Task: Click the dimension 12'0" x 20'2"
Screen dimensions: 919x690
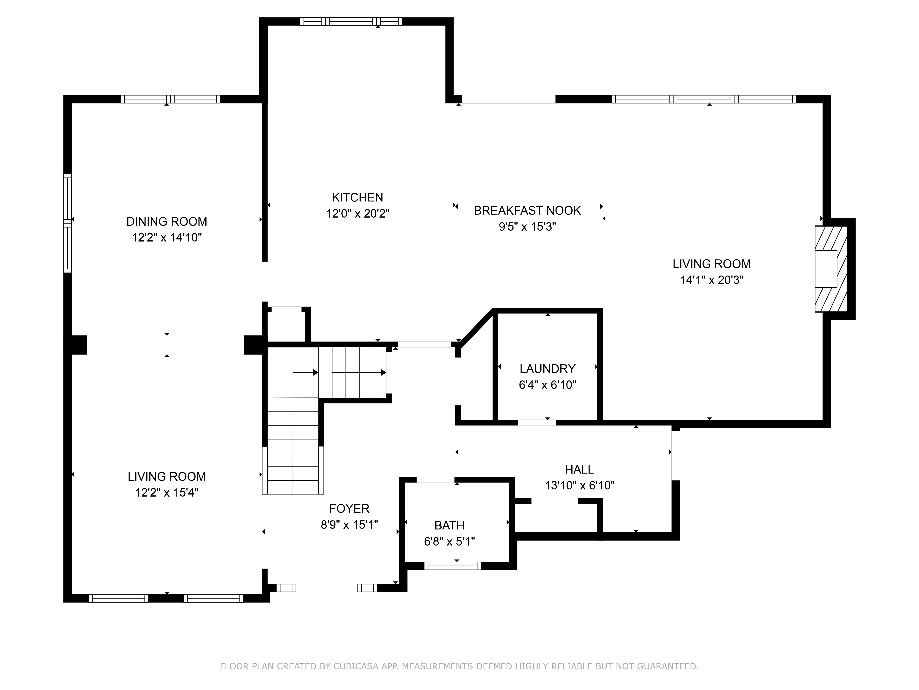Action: click(357, 213)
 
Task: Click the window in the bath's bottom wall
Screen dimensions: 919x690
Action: click(452, 566)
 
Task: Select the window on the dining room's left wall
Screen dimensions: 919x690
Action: click(67, 223)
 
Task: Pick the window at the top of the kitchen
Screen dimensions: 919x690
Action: click(351, 21)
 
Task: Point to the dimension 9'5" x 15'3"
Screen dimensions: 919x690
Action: click(527, 227)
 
